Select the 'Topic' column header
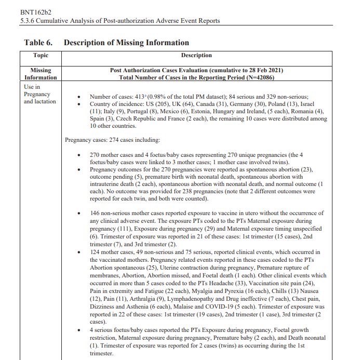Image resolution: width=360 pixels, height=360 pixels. [41, 55]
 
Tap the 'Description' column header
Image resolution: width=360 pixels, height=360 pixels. [196, 55]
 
